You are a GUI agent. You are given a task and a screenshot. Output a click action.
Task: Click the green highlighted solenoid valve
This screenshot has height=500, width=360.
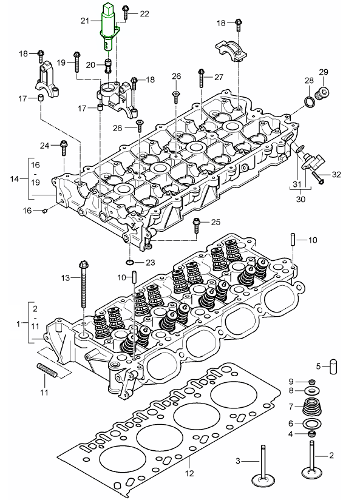coord(110,27)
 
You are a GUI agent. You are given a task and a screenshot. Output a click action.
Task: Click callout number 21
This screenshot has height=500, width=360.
coord(85,21)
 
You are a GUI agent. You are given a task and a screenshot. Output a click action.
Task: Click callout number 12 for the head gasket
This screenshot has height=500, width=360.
coord(189,473)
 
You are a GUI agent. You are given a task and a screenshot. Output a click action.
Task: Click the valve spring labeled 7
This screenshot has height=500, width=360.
coord(311,407)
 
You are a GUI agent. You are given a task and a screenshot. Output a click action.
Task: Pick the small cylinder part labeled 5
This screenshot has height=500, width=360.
coord(333,367)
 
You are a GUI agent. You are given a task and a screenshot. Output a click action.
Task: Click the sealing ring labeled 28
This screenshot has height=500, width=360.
coord(309,102)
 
